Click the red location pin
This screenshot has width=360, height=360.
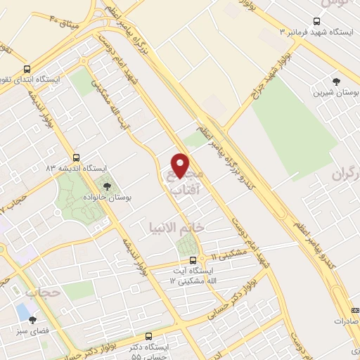click(x=181, y=165)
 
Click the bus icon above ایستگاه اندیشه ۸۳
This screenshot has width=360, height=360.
click(x=76, y=157)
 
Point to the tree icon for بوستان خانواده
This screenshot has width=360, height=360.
click(x=107, y=186)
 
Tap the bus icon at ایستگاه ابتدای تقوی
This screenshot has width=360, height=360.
click(x=27, y=69)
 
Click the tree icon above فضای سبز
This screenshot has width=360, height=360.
click(x=32, y=319)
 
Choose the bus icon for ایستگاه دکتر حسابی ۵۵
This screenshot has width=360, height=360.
click(x=148, y=337)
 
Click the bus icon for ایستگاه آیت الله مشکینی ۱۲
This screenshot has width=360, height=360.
click(x=193, y=260)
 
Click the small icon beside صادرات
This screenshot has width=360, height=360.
click(x=355, y=309)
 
